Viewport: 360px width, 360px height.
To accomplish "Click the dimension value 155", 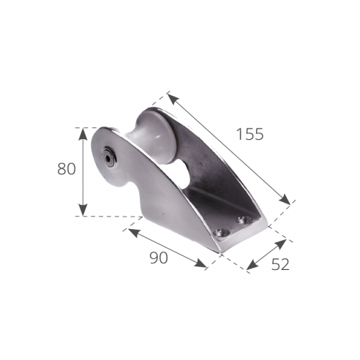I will pyautogui.click(x=250, y=134).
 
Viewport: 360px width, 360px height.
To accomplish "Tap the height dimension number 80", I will pyautogui.click(x=67, y=169).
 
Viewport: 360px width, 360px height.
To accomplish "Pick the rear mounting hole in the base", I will pyautogui.click(x=244, y=220).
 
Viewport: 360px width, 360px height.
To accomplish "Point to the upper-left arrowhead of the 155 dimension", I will pyautogui.click(x=170, y=96).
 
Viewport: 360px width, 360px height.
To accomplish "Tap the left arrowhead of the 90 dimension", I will pyautogui.click(x=130, y=230).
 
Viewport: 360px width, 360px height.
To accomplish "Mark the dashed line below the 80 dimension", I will pyautogui.click(x=110, y=217).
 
